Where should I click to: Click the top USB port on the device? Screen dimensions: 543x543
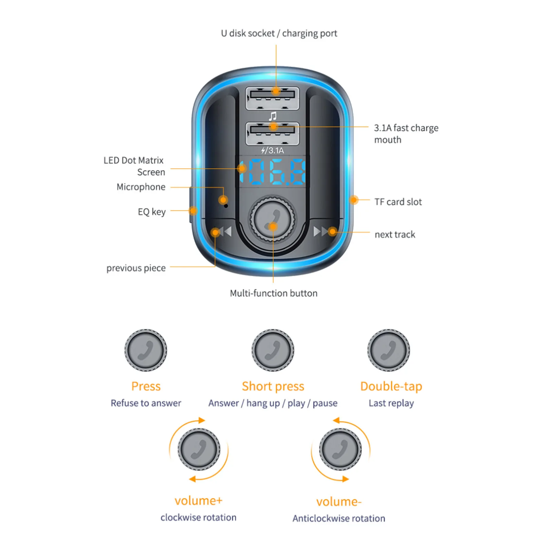point(272,98)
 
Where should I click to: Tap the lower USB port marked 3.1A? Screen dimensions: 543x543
point(272,133)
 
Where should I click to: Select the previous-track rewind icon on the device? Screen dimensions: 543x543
point(224,232)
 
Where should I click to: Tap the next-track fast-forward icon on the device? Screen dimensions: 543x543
point(320,231)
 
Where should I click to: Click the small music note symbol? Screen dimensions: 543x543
point(273,116)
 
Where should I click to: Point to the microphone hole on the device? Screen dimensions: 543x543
point(226,206)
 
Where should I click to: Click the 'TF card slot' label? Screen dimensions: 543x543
point(398,202)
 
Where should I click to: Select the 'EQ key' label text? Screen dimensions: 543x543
point(151,212)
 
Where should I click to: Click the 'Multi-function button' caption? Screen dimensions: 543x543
point(274,293)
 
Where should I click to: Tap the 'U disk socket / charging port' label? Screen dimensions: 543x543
point(279,33)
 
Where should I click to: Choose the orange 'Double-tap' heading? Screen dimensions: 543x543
point(391,386)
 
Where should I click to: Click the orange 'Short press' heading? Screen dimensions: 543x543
point(273,386)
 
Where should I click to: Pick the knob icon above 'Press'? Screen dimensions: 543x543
point(146,350)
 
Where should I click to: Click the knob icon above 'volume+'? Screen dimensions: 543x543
point(199,449)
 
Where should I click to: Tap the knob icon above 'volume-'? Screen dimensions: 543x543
point(340,449)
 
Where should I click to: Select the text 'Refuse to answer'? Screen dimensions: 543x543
point(146,403)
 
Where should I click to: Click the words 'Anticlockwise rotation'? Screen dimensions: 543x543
point(339,519)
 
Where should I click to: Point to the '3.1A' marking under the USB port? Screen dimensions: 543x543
point(276,150)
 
